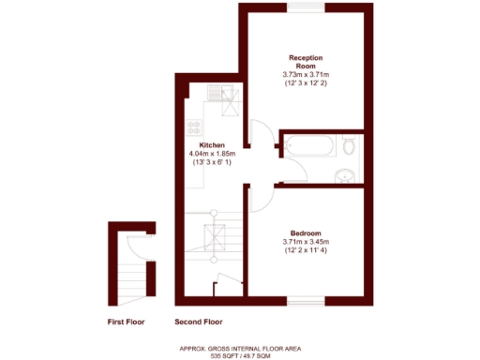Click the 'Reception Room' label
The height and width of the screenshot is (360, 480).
pyautogui.click(x=306, y=62)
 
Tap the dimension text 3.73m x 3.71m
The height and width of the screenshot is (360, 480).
pyautogui.click(x=306, y=75)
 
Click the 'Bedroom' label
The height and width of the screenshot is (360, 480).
pyautogui.click(x=306, y=232)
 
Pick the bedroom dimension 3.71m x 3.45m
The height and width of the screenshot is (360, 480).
pyautogui.click(x=306, y=242)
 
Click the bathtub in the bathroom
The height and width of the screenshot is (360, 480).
pyautogui.click(x=308, y=146)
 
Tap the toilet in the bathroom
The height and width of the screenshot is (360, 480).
pyautogui.click(x=349, y=147)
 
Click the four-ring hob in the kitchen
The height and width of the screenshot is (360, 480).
pyautogui.click(x=194, y=128)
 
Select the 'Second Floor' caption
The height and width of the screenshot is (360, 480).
pyautogui.click(x=200, y=322)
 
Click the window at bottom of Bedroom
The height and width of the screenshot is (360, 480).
pyautogui.click(x=306, y=301)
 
